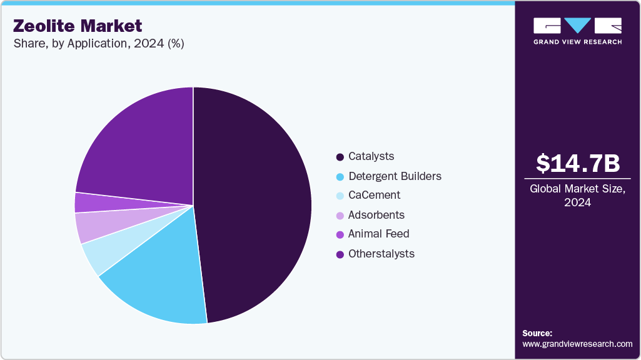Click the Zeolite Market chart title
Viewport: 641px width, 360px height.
78,26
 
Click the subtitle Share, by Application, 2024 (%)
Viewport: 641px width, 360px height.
98,44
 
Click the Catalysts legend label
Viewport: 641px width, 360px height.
371,156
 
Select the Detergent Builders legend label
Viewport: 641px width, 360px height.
395,176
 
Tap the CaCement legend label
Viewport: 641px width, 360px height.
374,195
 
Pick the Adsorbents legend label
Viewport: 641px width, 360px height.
376,215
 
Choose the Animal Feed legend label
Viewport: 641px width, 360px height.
378,234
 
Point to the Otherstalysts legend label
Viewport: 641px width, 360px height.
381,253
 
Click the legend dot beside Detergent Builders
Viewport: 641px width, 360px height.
340,176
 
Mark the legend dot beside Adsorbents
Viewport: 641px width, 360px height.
340,215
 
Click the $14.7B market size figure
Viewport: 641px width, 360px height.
578,164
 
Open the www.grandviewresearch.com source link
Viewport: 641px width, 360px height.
577,344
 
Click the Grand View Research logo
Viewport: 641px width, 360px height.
577,31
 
